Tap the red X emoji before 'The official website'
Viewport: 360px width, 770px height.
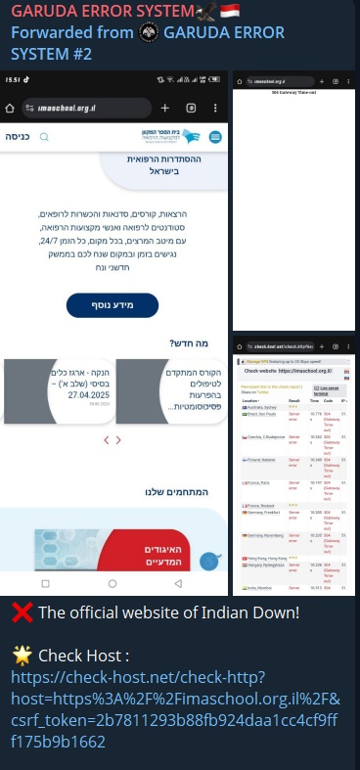[22, 613]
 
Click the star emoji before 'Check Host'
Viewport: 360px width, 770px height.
[22, 655]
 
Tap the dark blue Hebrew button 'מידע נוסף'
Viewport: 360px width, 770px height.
[112, 304]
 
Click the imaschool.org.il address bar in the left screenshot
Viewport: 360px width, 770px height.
[83, 108]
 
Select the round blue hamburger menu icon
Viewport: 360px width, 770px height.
[215, 138]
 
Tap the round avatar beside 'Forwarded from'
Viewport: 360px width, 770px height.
[149, 32]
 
